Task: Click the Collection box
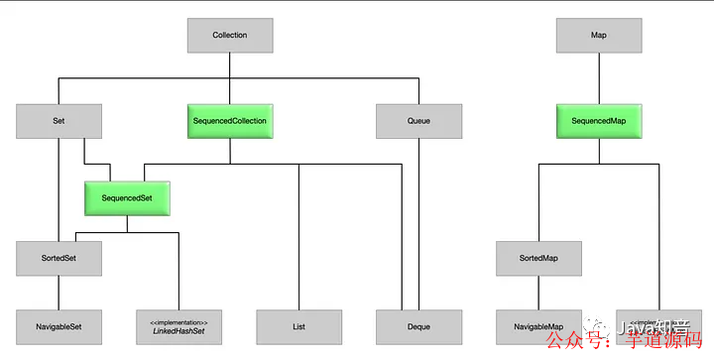[229, 36]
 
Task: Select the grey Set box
[59, 121]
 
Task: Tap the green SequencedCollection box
[229, 121]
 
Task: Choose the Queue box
[419, 121]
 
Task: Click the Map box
[598, 36]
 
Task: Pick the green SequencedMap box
[598, 121]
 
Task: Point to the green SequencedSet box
[126, 197]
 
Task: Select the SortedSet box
[59, 259]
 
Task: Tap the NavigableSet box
[59, 326]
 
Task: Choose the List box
[299, 326]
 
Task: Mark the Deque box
[419, 326]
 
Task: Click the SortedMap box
[538, 259]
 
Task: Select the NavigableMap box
[538, 326]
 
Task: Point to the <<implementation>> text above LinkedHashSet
[178, 320]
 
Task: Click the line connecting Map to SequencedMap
[598, 78]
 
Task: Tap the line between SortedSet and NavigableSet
[59, 293]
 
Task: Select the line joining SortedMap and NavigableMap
[538, 293]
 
